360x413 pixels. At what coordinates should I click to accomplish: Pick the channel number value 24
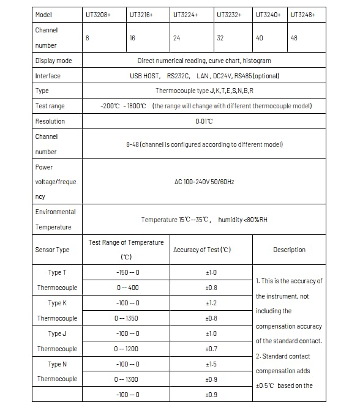pyautogui.click(x=176, y=38)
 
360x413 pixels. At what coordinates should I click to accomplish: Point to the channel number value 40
pyautogui.click(x=259, y=38)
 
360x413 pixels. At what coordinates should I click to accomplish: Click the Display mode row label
pyautogui.click(x=53, y=61)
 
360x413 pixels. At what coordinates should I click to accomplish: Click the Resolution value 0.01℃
pyautogui.click(x=204, y=121)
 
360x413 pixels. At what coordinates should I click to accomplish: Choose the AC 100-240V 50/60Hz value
pyautogui.click(x=204, y=182)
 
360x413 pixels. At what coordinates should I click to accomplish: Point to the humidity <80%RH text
pyautogui.click(x=243, y=220)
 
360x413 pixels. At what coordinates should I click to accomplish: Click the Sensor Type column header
pyautogui.click(x=52, y=250)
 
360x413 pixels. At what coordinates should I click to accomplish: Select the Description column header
pyautogui.click(x=289, y=250)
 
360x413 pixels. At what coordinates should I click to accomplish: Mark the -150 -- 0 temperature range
pyautogui.click(x=127, y=273)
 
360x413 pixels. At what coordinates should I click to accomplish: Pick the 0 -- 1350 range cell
pyautogui.click(x=127, y=318)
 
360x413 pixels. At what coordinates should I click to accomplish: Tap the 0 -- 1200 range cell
pyautogui.click(x=127, y=349)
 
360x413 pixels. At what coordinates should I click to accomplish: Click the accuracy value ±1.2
pyautogui.click(x=211, y=303)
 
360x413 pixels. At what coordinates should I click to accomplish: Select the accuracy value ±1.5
pyautogui.click(x=211, y=364)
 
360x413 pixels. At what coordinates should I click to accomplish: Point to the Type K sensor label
pyautogui.click(x=57, y=303)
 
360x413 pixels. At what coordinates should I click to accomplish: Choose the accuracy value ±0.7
pyautogui.click(x=211, y=349)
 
